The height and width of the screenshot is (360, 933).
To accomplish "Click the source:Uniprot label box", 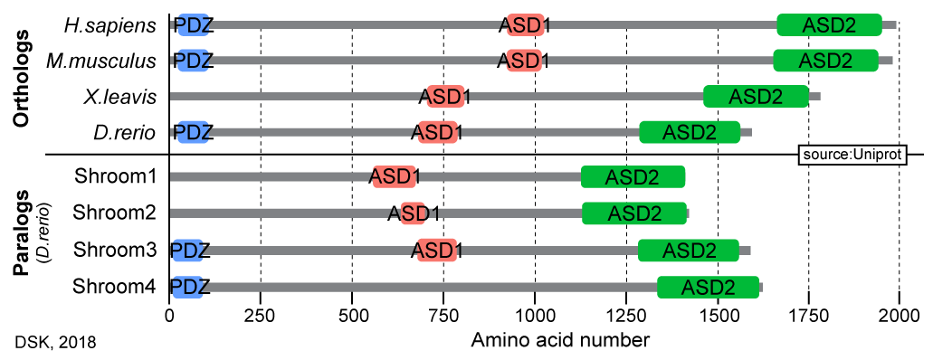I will coord(852,155).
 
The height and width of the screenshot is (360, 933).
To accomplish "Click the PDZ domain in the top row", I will coord(192,25).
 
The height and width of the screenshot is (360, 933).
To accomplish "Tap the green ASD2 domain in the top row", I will coord(829,25).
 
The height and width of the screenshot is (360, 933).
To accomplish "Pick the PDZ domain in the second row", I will coord(192,61).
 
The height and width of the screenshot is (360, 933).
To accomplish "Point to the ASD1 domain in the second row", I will coord(525,61).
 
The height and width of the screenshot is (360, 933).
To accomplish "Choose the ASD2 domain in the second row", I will coord(825,61).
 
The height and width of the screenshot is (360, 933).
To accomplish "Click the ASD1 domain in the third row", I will coord(446,96).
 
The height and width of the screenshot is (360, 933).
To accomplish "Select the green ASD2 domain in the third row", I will coord(756,96).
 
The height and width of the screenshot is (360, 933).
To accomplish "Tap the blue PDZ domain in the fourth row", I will coord(193,132).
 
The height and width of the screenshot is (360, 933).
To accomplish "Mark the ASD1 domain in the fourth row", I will coord(438,132).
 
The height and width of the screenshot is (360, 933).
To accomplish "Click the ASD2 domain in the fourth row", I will coord(690,132).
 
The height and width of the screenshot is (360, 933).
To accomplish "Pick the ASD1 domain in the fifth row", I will coord(395,176).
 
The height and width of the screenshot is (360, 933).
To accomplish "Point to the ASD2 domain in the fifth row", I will coord(633,176).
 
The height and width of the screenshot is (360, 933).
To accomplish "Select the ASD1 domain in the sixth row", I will coord(413,213).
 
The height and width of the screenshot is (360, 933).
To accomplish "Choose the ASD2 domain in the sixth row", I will coord(634,213).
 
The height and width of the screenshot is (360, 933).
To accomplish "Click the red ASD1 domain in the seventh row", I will coord(438,251).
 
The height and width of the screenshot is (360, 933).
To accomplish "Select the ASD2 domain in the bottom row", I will coord(708,287).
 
